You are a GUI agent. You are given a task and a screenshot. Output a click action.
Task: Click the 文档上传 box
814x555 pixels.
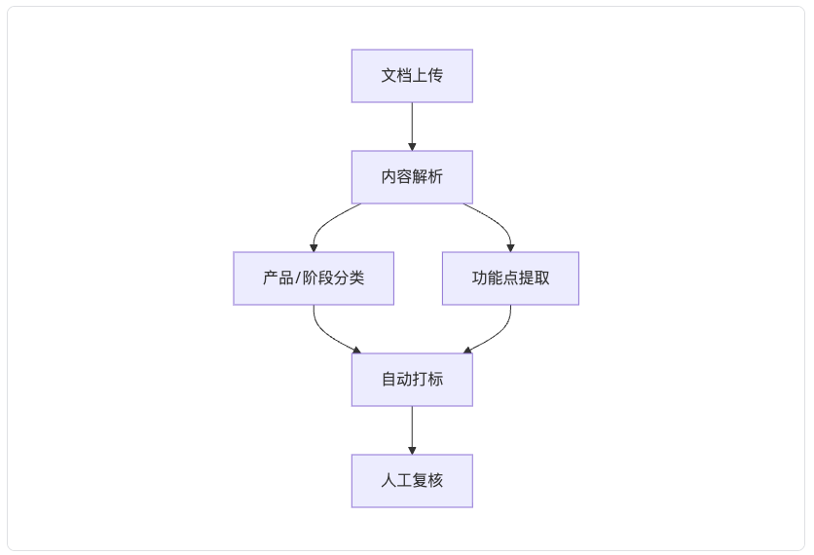pyautogui.click(x=412, y=76)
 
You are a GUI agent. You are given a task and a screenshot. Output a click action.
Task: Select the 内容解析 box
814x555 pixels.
pyautogui.click(x=412, y=177)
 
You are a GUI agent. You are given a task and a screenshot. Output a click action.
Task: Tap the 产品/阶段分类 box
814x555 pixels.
pyautogui.click(x=314, y=278)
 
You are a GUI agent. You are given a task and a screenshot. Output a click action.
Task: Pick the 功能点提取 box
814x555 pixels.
pyautogui.click(x=510, y=278)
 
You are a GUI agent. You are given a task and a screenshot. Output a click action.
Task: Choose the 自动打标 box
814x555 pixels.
pyautogui.click(x=412, y=380)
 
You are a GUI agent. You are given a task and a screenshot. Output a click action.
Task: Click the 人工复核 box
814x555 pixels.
pyautogui.click(x=412, y=481)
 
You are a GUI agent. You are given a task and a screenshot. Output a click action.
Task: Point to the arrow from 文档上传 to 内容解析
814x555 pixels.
pyautogui.click(x=412, y=127)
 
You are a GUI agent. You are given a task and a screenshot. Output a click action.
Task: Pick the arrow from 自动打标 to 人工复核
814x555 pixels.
pyautogui.click(x=412, y=430)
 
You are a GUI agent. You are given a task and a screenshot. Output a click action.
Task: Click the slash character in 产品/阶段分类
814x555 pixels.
pyautogui.click(x=298, y=278)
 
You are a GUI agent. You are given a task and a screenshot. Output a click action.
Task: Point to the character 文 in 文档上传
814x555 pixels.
pyautogui.click(x=388, y=76)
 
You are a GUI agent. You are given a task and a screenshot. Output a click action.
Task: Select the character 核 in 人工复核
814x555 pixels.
pyautogui.click(x=435, y=481)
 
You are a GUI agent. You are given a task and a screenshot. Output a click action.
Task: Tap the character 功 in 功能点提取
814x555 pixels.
pyautogui.click(x=479, y=278)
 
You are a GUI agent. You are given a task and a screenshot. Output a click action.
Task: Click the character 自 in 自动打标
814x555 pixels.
pyautogui.click(x=388, y=380)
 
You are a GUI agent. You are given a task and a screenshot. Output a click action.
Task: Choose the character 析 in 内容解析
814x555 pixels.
pyautogui.click(x=435, y=177)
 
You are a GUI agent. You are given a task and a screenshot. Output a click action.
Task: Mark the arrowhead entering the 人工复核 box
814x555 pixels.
pyautogui.click(x=412, y=451)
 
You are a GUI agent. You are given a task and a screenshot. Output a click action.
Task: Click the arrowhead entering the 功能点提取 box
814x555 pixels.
pyautogui.click(x=511, y=248)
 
